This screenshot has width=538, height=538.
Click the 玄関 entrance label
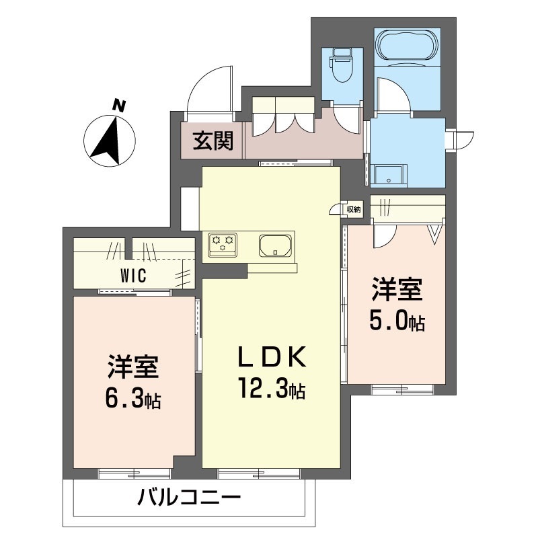tap(213, 141)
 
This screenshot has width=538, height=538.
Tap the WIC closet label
tap(133, 275)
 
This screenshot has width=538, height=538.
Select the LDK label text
tap(272, 357)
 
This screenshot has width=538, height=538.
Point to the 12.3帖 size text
tap(272, 388)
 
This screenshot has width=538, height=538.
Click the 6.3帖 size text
tap(133, 398)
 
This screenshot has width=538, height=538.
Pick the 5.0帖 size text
tap(397, 321)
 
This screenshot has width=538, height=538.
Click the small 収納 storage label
tap(354, 209)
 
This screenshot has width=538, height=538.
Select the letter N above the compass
tap(119, 106)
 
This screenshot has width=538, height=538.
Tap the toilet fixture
tap(342, 65)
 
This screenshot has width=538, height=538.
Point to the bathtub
tap(407, 47)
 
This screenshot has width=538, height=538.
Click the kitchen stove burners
tap(222, 244)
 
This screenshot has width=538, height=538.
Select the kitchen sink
tap(275, 245)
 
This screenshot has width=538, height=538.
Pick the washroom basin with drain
tap(389, 176)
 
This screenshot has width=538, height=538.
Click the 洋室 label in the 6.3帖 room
tap(133, 367)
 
